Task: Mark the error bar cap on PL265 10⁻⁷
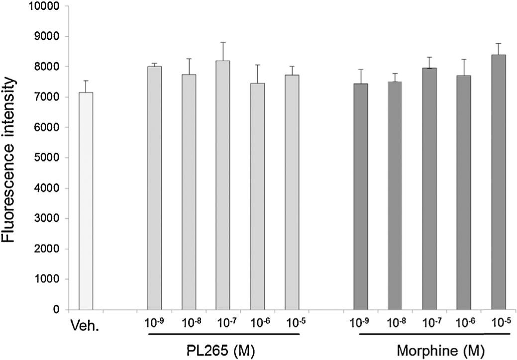(x=223, y=43)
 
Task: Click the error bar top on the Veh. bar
(x=86, y=81)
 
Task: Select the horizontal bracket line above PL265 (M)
(x=223, y=334)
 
